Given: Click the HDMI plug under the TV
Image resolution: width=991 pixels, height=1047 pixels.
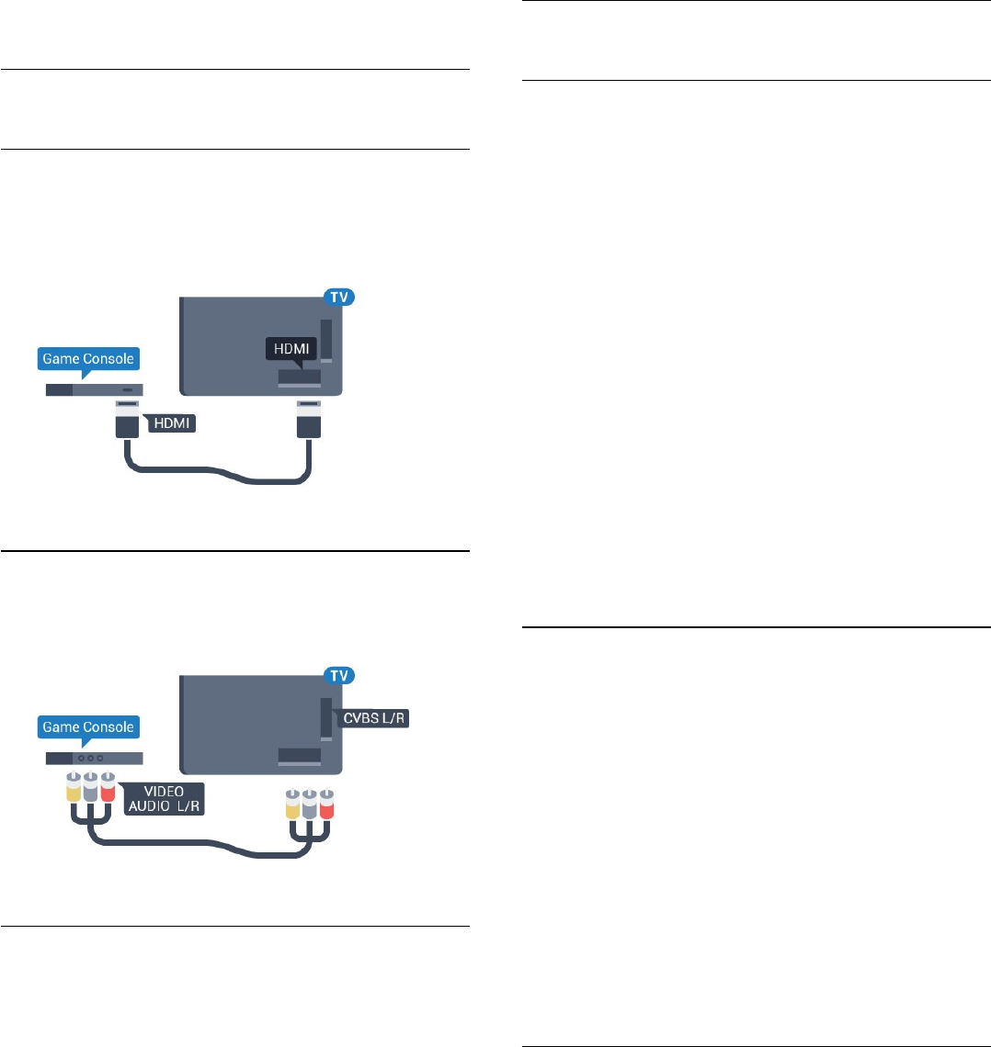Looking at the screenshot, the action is click(x=309, y=424).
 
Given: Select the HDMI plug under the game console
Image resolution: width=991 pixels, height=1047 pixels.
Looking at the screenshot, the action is click(x=126, y=424).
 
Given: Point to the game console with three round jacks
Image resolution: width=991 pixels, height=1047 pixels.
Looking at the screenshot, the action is click(x=94, y=760).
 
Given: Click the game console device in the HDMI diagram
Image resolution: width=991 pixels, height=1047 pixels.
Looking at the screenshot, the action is click(x=94, y=389).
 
